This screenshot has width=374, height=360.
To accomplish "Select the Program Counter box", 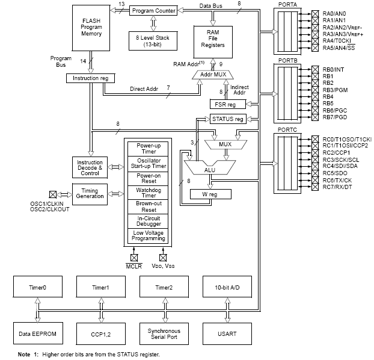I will point(153,11).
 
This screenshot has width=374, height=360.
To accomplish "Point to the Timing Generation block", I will point(89,193).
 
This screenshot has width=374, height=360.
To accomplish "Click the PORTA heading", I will point(285,5).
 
